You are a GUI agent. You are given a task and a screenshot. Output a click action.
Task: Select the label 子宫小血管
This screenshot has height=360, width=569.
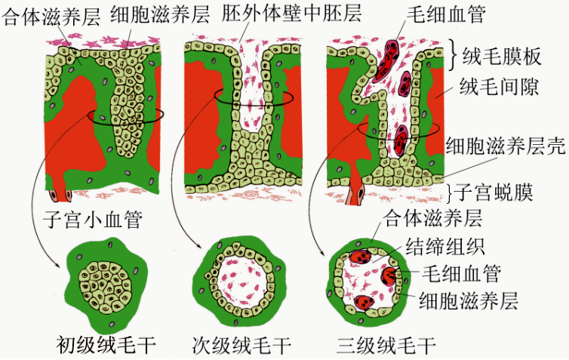click(x=94, y=220)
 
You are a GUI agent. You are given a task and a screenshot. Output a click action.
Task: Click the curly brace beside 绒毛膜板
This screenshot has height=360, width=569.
click(x=454, y=54)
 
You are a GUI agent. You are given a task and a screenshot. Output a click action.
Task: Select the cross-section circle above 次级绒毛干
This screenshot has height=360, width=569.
click(x=236, y=278)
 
